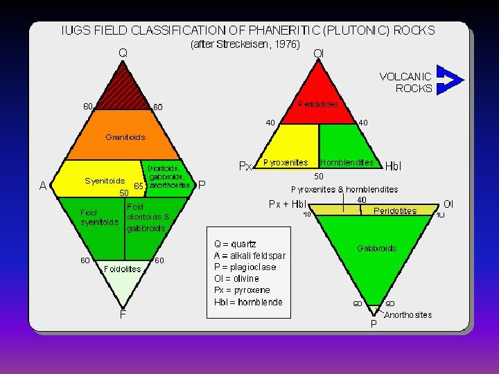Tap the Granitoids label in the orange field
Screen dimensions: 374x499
click(125, 137)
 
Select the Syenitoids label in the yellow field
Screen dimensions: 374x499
click(105, 181)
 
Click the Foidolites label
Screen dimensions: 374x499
click(122, 269)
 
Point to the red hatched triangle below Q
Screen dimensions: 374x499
click(123, 87)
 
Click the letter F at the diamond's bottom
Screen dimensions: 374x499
click(123, 314)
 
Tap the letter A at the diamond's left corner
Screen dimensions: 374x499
click(43, 186)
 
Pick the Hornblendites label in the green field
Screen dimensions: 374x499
click(347, 163)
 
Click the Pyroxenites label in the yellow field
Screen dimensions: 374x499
click(286, 163)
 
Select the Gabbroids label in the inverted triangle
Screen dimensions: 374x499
click(377, 247)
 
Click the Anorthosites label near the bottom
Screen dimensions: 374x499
click(408, 315)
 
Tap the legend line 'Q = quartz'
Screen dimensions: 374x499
click(235, 244)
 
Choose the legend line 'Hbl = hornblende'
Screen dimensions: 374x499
click(248, 301)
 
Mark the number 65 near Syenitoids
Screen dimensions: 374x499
click(139, 186)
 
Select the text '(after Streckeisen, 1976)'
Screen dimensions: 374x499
click(245, 44)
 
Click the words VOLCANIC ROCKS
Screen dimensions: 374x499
click(406, 82)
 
